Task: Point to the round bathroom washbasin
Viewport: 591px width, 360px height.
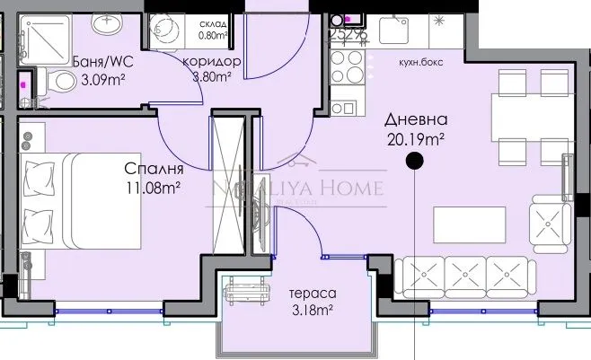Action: tap(104, 28)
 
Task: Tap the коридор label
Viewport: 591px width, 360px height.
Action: tap(211, 61)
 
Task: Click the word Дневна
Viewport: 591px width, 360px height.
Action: tap(415, 120)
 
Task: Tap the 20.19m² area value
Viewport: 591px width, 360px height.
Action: tap(415, 138)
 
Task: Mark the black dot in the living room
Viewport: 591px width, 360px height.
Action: tap(414, 162)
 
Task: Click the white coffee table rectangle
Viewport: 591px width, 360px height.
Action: tap(467, 220)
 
